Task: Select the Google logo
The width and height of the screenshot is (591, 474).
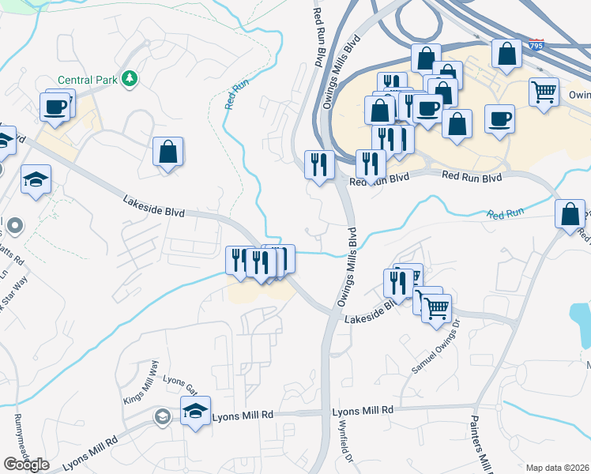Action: (x=26, y=465)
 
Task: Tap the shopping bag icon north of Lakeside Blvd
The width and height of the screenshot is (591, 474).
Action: (x=168, y=151)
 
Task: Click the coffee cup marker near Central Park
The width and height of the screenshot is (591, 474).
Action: (x=55, y=107)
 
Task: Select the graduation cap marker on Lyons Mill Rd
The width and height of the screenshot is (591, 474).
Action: (x=195, y=411)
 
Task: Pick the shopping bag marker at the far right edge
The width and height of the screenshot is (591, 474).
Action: (x=570, y=214)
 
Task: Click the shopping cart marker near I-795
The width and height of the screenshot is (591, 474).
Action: (x=544, y=91)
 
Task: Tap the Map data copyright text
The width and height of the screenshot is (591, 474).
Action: (x=558, y=468)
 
